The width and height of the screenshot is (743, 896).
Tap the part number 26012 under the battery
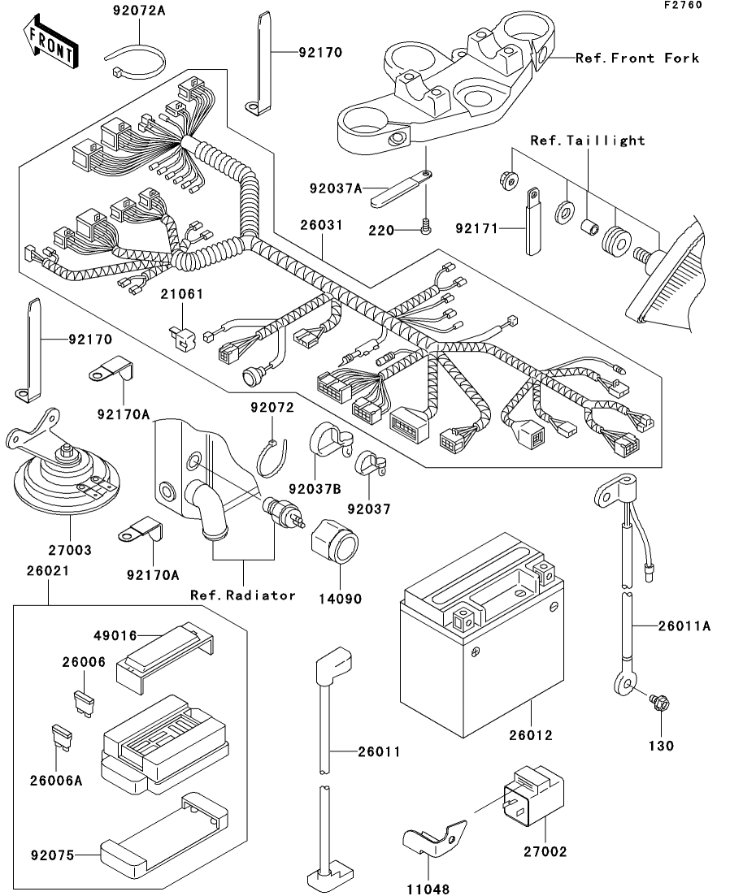pos(531,735)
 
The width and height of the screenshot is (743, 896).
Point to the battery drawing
pos(481,634)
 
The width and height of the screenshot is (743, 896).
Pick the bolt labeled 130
pos(659,703)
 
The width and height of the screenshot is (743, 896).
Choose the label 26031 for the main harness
pos(321,225)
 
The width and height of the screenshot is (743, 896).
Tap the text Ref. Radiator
pos(243,595)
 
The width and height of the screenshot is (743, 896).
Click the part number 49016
pos(115,635)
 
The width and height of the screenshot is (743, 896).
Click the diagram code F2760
pos(683,5)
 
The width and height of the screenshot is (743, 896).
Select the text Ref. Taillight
pos(588,141)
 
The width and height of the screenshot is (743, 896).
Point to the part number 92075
pos(53,855)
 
